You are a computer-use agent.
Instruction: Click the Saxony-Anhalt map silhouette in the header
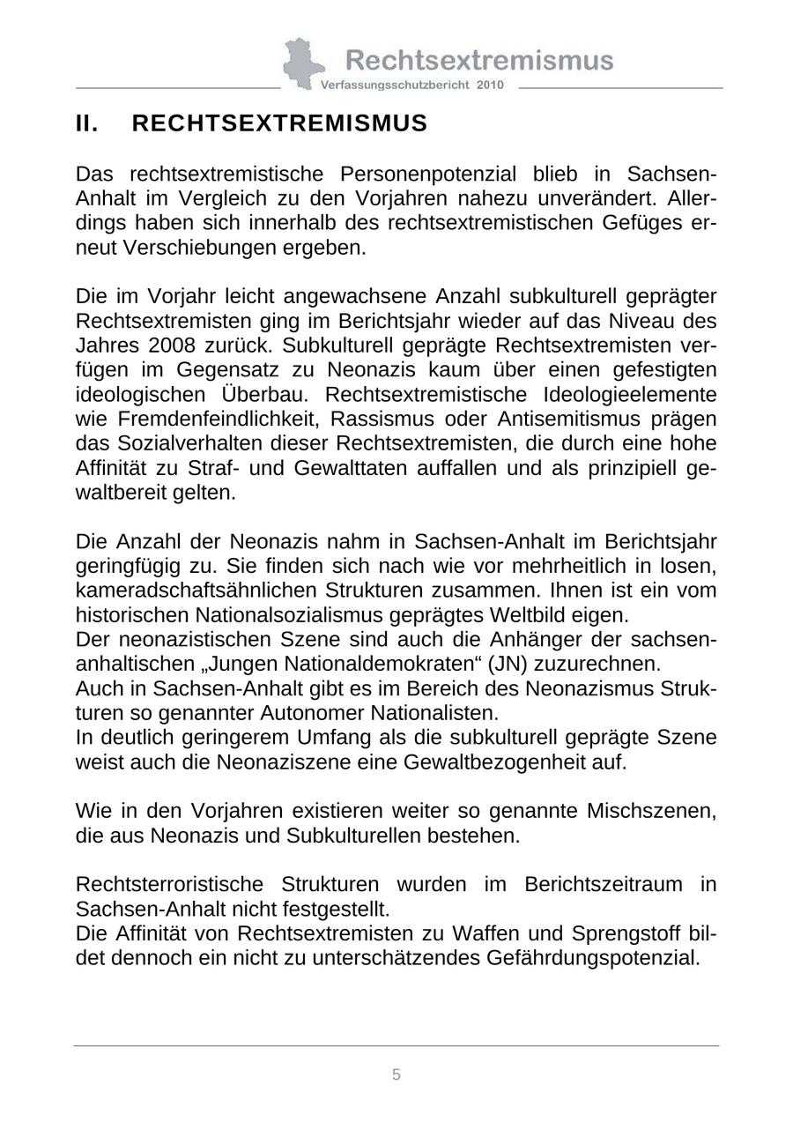(300, 63)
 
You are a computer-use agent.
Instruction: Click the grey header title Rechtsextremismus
(479, 60)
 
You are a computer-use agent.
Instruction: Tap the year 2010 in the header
(490, 85)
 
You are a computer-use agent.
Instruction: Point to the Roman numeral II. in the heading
(87, 123)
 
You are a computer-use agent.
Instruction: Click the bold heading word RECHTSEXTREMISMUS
(279, 123)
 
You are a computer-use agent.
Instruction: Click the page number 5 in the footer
(396, 1074)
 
